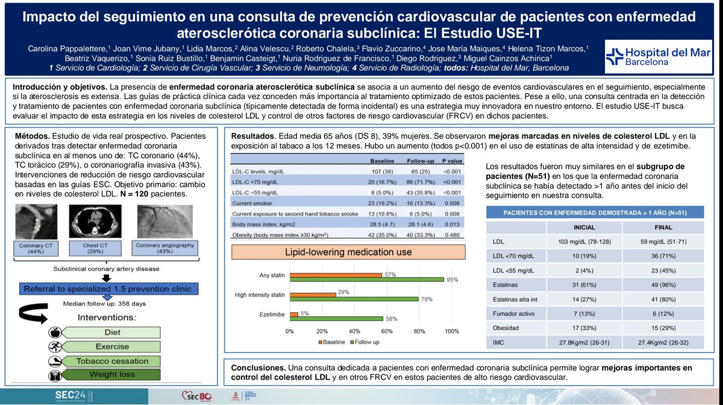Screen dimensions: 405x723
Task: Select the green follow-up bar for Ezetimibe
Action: tap(336, 318)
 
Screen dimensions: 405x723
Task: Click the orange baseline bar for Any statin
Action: tap(336, 275)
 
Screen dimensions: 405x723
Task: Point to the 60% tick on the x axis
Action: tap(387, 331)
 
